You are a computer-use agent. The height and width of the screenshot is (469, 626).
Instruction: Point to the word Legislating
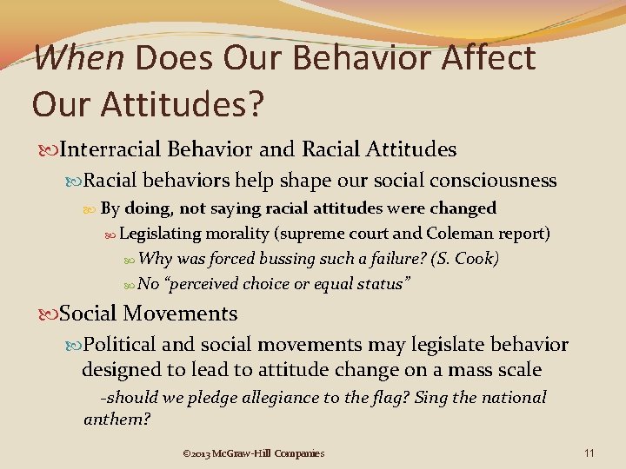click(x=161, y=234)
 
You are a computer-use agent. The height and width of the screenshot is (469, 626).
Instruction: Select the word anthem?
click(x=117, y=419)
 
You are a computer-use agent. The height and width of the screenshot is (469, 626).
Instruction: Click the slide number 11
click(x=589, y=452)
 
